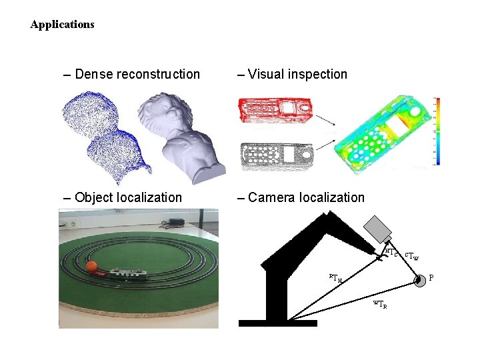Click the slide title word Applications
click(62, 25)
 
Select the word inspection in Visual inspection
click(316, 75)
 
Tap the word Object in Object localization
click(94, 197)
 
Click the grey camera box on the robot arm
click(382, 228)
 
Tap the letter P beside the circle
click(431, 277)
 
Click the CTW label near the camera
click(411, 254)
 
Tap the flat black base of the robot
click(277, 323)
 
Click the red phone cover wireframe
click(273, 109)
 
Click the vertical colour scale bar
click(437, 130)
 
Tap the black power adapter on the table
click(177, 221)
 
